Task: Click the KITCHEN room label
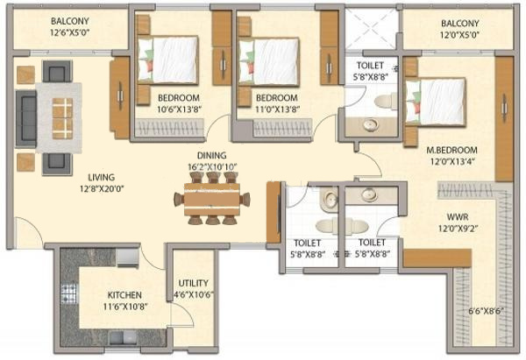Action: coord(124,295)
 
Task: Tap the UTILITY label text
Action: coord(193,283)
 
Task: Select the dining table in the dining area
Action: coord(212,199)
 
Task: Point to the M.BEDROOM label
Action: coord(451,151)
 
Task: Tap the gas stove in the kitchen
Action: coord(68,293)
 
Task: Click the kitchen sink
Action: coord(123,337)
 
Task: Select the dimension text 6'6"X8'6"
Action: coord(486,311)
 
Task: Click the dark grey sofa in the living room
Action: coord(25,118)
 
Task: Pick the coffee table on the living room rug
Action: coord(62,118)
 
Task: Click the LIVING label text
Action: coord(102,177)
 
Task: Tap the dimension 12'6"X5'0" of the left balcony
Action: coord(70,33)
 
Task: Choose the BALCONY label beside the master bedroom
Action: coord(459,24)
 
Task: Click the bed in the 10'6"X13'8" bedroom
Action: coord(167,60)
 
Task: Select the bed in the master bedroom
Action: coord(436,102)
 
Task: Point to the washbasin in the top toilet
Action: coord(370,125)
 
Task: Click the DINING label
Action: coord(211,156)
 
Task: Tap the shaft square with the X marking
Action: coord(372,30)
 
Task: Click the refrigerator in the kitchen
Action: coord(127,258)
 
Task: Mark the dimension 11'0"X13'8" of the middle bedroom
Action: coord(277,109)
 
